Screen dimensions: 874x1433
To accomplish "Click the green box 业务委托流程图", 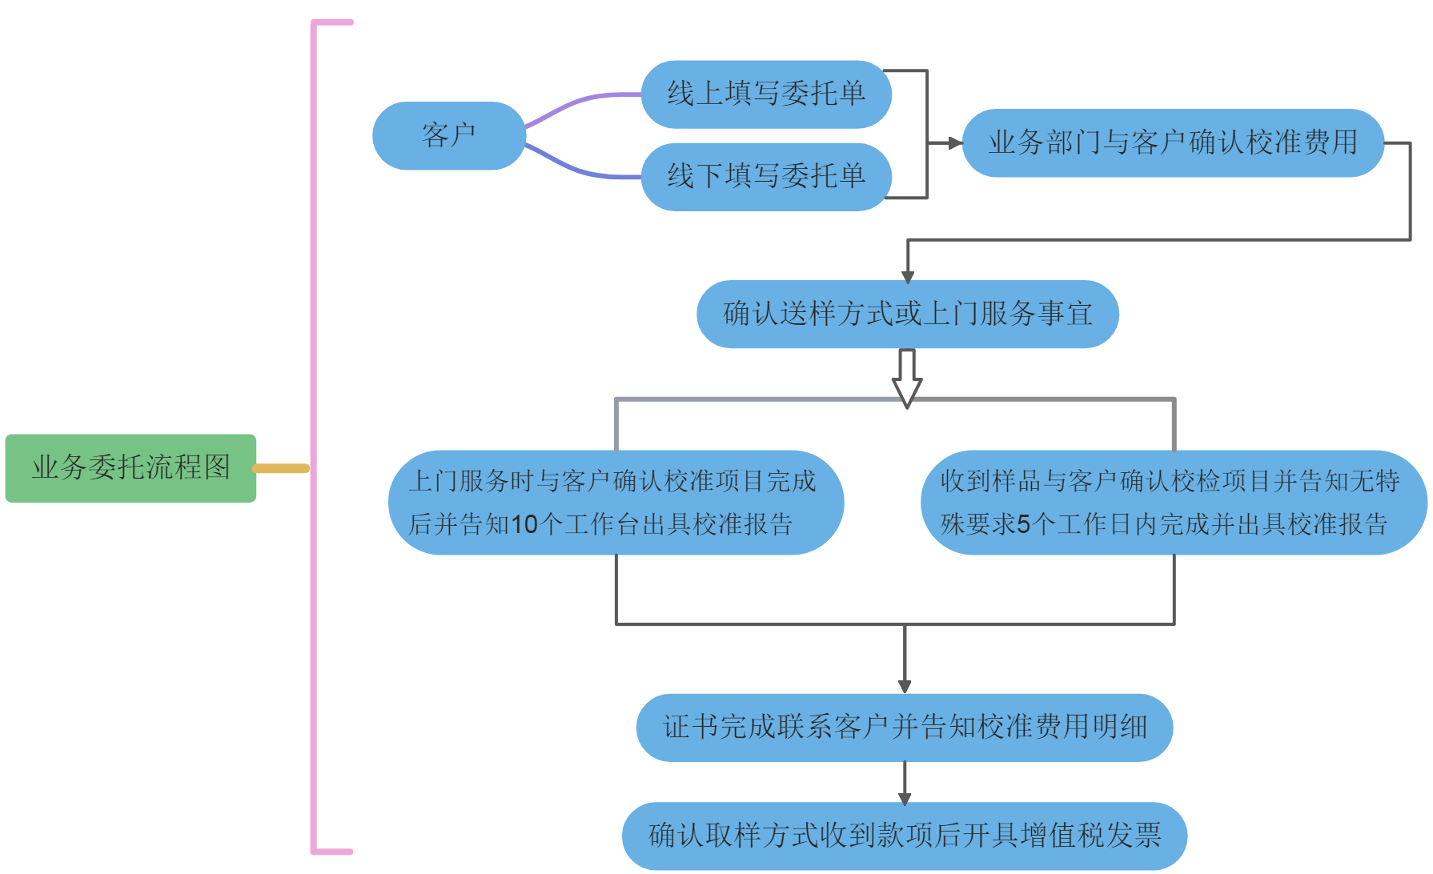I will tap(130, 468).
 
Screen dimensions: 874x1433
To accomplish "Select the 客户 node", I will tap(448, 135).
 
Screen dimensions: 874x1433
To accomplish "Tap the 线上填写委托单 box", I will tap(766, 94).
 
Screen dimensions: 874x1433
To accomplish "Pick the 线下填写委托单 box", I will tap(766, 177).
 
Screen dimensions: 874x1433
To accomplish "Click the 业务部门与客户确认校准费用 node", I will tap(1172, 143).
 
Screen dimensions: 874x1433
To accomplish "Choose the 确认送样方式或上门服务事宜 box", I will tap(907, 314).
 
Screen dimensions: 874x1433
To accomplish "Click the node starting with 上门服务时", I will tap(616, 503).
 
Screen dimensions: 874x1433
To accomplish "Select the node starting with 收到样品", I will tap(1173, 503).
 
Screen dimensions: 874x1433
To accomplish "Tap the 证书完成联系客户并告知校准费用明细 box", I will tap(904, 728).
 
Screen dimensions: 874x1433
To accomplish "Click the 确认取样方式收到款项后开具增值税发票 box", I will tap(904, 836).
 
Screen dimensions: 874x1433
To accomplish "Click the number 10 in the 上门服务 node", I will tap(524, 525).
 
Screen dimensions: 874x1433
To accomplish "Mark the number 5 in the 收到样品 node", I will tap(1023, 525).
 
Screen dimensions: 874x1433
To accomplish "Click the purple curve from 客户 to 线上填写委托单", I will tap(580, 103).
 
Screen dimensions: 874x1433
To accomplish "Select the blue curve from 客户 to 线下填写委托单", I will tap(580, 167).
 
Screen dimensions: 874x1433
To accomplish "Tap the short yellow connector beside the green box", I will tap(281, 468).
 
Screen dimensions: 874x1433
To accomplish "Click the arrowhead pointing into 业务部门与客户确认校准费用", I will tap(954, 143).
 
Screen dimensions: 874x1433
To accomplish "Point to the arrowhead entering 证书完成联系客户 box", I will tap(905, 686).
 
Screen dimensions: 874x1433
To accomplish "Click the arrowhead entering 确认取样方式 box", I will tap(905, 798).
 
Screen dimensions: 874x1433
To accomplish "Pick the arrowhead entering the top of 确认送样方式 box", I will tap(908, 277).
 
